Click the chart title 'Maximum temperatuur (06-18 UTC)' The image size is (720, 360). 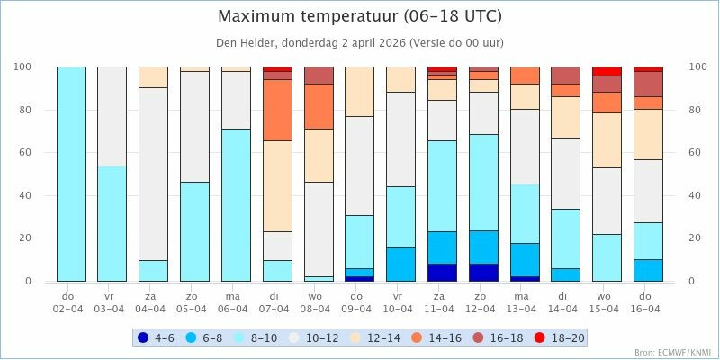point(360,17)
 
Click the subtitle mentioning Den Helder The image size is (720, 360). point(360,43)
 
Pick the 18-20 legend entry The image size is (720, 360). point(559,338)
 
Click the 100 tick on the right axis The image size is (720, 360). point(697,67)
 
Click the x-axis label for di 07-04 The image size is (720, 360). point(277,301)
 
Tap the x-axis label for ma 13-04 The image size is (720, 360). point(525,301)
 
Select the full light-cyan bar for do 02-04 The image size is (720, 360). point(71,174)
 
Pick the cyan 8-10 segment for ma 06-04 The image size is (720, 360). point(237,205)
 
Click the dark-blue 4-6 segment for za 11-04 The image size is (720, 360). point(442,272)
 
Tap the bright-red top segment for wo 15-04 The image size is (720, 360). point(607,71)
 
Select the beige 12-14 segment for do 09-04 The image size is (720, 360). point(360,91)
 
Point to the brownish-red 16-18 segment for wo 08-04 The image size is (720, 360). point(319,76)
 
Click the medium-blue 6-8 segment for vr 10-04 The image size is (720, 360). point(401,264)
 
